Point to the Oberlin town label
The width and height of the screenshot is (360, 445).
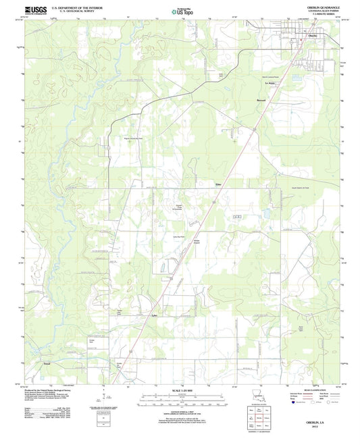point(312,36)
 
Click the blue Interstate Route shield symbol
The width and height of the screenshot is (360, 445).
point(294,409)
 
